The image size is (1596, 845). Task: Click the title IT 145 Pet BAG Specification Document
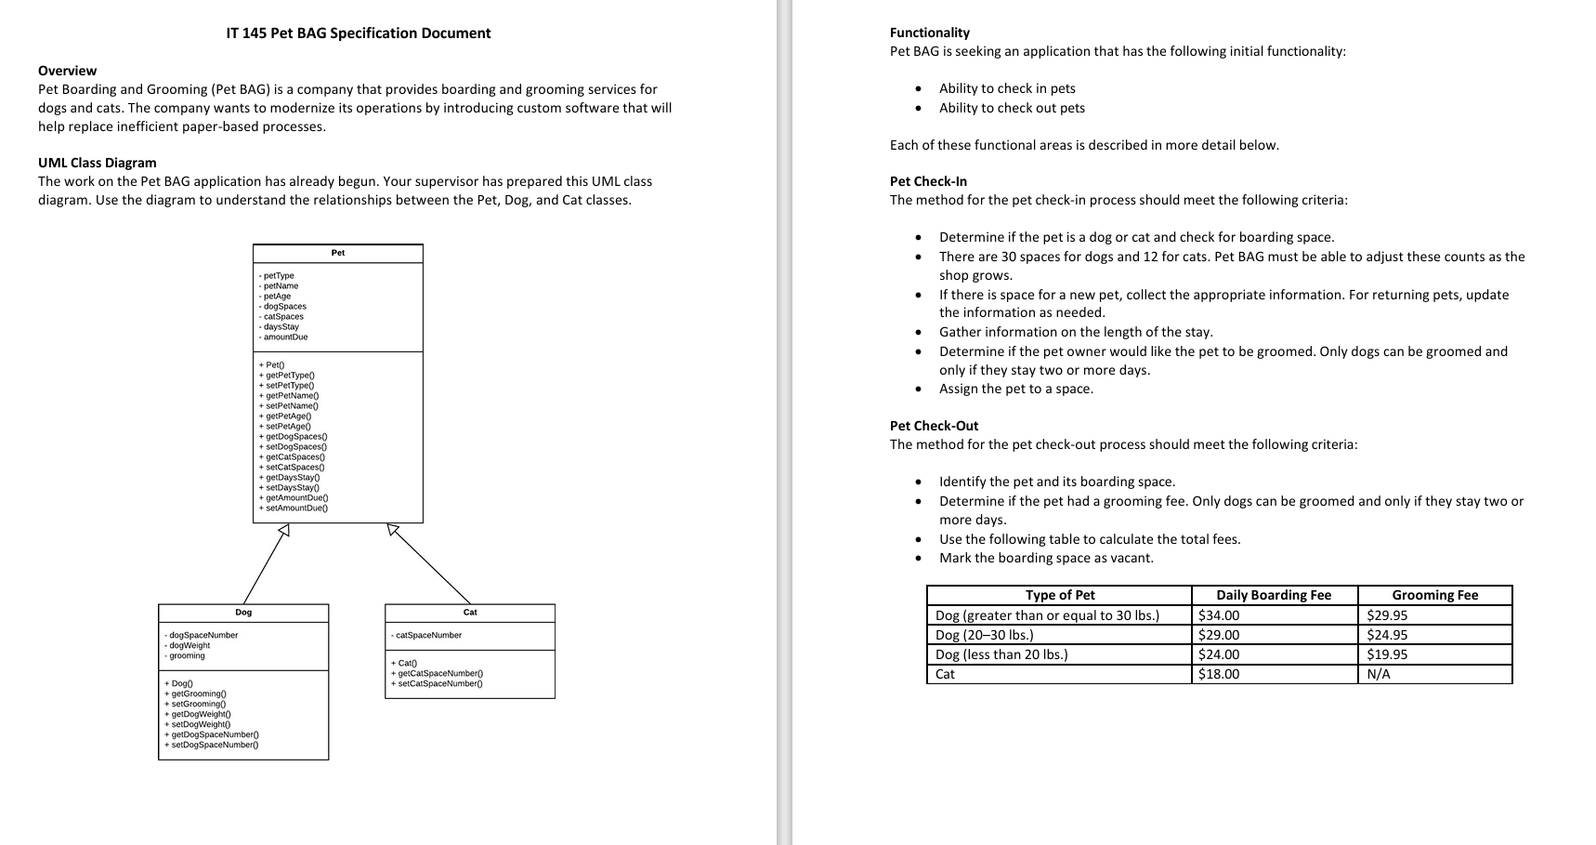click(358, 33)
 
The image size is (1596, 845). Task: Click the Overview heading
click(67, 71)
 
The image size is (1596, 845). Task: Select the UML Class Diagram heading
click(97, 163)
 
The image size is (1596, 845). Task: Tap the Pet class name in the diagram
click(338, 253)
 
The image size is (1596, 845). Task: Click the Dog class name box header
click(243, 613)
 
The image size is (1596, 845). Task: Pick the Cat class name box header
click(470, 613)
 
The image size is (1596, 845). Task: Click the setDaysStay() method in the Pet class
click(293, 488)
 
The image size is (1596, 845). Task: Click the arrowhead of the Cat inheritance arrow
click(394, 530)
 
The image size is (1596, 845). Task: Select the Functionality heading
click(929, 33)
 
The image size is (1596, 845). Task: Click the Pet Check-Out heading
click(934, 426)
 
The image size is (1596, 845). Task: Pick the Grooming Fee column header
click(1434, 596)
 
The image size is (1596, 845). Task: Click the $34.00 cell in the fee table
click(1219, 615)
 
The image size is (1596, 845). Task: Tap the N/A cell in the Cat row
click(1379, 674)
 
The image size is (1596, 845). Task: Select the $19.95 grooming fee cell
click(1387, 654)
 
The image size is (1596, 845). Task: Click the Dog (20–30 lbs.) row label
click(984, 635)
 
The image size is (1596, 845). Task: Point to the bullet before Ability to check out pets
click(919, 108)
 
